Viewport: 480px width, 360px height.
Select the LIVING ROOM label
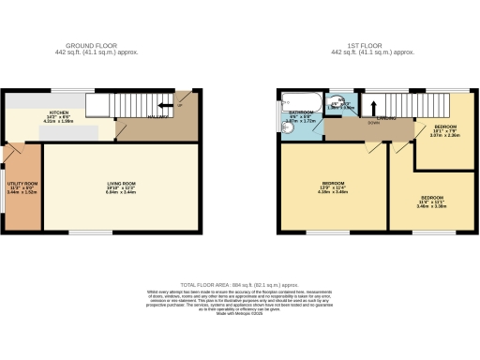(x=121, y=183)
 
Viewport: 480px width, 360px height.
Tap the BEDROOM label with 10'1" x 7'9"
(x=446, y=126)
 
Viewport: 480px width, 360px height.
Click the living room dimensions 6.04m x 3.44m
(x=121, y=193)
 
